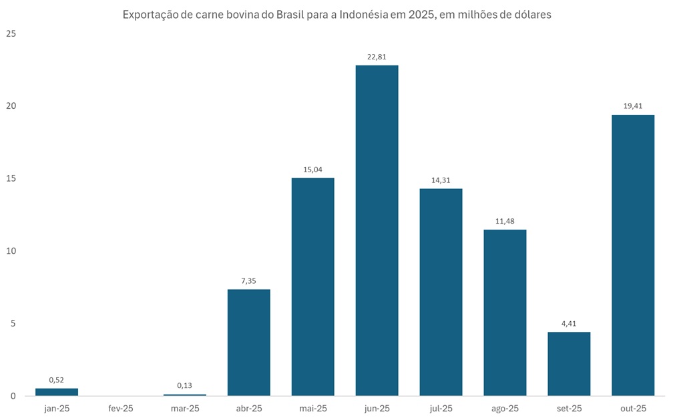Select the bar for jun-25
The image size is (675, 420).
(377, 230)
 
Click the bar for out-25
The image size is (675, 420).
(633, 255)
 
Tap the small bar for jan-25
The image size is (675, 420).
(57, 392)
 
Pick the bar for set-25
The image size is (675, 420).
(569, 364)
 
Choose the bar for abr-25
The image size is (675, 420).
(248, 342)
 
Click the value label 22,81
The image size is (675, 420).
(377, 57)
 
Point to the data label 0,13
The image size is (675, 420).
(185, 385)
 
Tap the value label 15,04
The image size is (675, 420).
(312, 170)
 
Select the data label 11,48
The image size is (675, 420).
(505, 221)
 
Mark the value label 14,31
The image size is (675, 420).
(441, 180)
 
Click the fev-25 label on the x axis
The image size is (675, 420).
(121, 408)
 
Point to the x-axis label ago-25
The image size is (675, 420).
(505, 408)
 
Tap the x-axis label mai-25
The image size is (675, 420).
(312, 408)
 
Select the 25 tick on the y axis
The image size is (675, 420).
(10, 33)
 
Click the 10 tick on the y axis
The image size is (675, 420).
(10, 251)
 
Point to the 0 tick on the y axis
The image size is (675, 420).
(13, 396)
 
